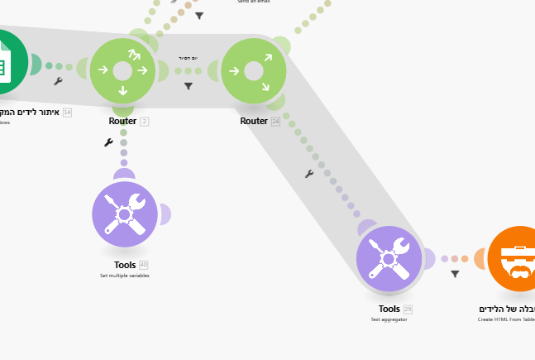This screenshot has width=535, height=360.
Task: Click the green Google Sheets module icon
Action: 8,62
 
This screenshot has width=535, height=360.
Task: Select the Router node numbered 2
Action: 122,71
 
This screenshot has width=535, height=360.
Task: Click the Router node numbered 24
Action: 254,71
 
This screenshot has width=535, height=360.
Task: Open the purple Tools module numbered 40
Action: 125,214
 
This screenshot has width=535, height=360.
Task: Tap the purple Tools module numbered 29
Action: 389,259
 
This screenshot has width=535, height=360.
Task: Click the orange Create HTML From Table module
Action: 518,259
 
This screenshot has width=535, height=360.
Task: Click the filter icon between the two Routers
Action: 189,86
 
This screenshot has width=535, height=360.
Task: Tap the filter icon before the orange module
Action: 455,274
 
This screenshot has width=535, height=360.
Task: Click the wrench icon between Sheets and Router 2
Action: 58,81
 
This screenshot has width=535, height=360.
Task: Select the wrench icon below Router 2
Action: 108,142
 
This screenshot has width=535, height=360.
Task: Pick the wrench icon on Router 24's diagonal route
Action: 308,174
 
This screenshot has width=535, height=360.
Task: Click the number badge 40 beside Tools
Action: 143,265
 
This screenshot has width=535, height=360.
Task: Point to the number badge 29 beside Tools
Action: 407,309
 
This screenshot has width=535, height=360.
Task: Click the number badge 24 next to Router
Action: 275,121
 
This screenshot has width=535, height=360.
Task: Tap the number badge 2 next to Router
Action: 144,121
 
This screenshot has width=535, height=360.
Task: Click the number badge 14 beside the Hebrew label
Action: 67,112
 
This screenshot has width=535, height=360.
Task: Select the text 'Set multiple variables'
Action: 125,275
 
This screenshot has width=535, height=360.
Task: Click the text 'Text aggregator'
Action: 389,319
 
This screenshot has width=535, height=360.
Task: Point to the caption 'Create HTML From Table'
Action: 506,319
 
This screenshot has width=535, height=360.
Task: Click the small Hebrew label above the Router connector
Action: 188,58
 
